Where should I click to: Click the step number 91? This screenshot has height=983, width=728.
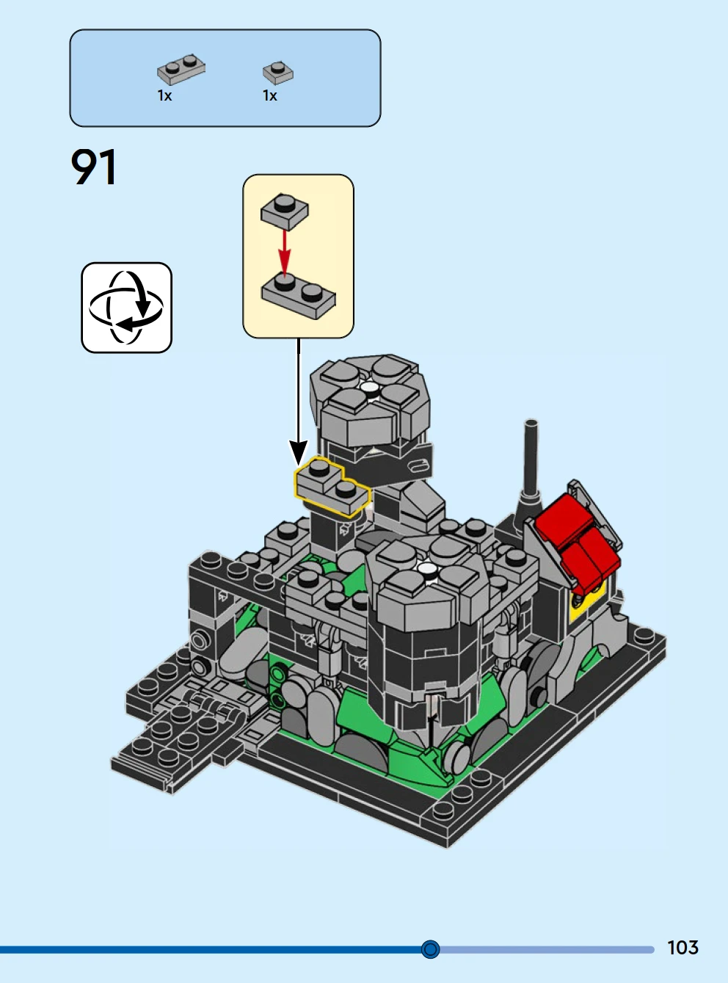pyautogui.click(x=94, y=167)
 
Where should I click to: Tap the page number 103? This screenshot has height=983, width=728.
pyautogui.click(x=682, y=947)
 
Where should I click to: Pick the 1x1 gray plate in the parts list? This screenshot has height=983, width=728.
pyautogui.click(x=278, y=73)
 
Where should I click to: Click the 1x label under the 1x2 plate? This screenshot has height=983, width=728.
pyautogui.click(x=165, y=95)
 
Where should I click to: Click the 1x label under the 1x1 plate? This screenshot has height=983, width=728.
pyautogui.click(x=270, y=95)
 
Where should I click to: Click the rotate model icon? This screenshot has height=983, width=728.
pyautogui.click(x=127, y=308)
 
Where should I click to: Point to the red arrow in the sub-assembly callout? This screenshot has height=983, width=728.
pyautogui.click(x=285, y=250)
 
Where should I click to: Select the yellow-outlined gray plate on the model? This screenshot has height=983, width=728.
pyautogui.click(x=332, y=487)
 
